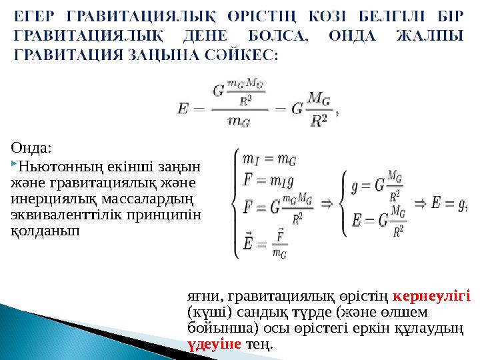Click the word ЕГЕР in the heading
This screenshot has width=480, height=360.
point(33,15)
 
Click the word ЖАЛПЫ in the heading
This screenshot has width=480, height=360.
point(433,35)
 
